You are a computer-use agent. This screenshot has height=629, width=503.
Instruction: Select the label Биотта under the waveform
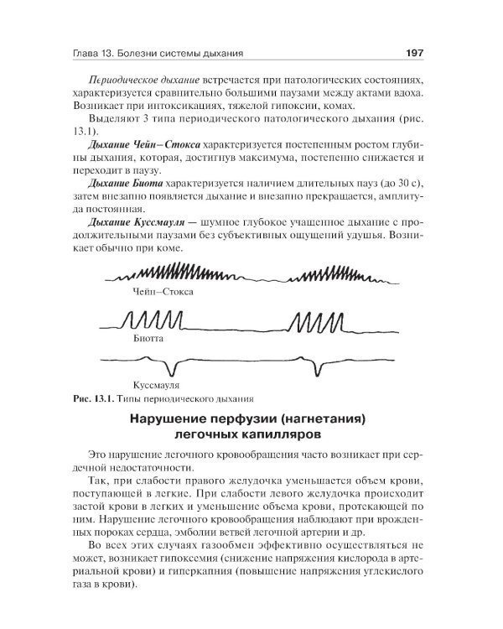147,340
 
